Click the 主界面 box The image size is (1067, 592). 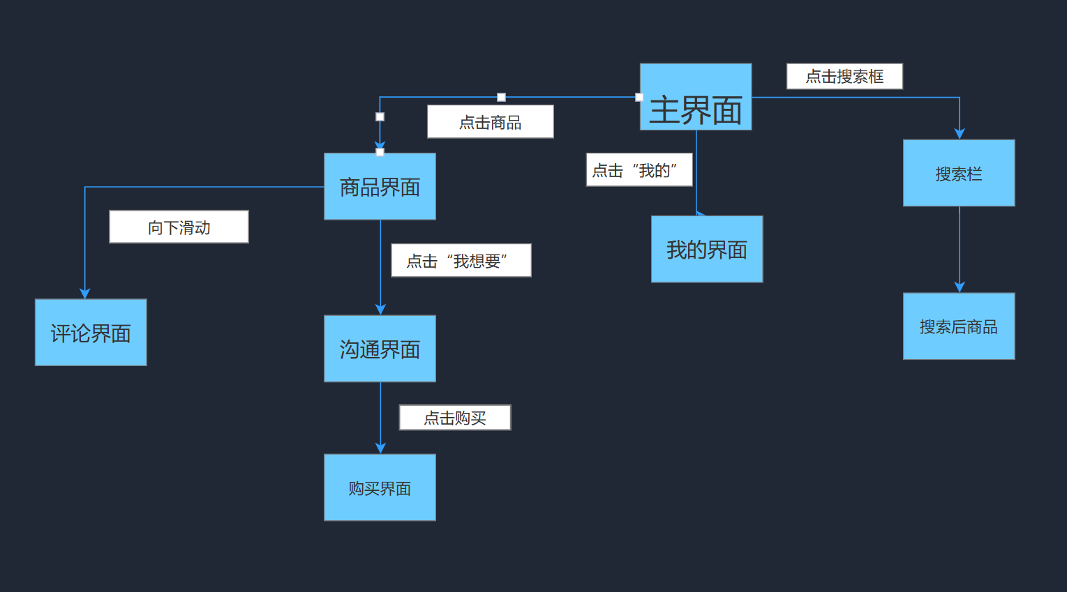coord(696,97)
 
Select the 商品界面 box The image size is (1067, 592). coord(380,186)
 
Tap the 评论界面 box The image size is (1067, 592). coord(91,333)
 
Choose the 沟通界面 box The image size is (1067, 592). coord(380,349)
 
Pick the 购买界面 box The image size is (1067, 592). coord(380,487)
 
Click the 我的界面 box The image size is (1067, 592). coord(707,249)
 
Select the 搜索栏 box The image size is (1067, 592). coord(959,173)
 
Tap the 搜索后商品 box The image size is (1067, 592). coord(959,326)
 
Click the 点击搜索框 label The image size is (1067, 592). coord(844,76)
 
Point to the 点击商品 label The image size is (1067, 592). coord(490,122)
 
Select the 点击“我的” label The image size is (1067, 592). coord(639,169)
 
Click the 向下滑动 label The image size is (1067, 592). coord(179,227)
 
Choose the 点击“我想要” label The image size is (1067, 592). coord(461,260)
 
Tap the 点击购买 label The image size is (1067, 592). coord(454,418)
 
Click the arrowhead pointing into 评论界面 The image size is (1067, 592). coord(85,294)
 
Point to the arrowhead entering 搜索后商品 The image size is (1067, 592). coord(960,287)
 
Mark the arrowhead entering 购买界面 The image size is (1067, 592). coord(380,448)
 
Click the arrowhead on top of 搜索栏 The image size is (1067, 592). coord(960,134)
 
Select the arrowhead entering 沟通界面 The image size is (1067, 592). coord(380,310)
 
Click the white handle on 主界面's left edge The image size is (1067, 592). coord(639,97)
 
